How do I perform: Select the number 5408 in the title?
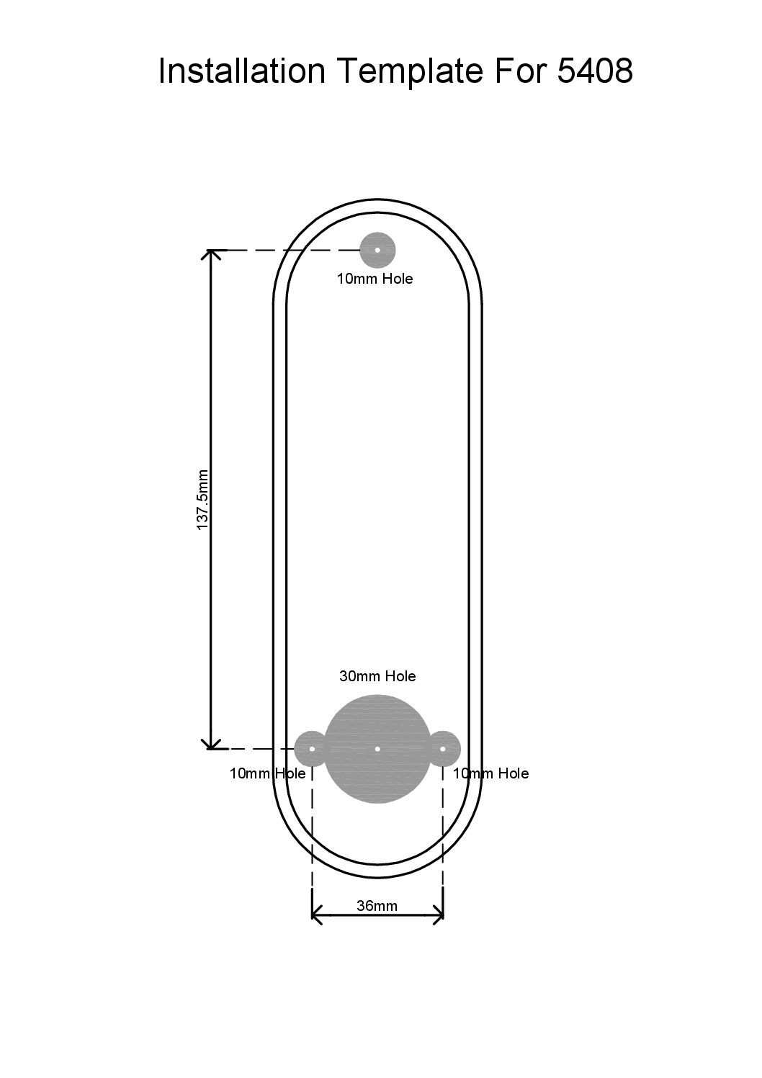594,72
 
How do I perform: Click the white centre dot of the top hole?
377,250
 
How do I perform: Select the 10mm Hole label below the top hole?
375,279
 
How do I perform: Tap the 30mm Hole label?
377,676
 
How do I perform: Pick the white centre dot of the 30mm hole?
378,749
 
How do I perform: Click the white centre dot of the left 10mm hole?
312,749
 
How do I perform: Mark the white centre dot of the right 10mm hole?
443,749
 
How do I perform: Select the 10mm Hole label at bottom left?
267,773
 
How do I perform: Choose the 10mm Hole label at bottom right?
490,773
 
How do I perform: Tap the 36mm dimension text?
377,906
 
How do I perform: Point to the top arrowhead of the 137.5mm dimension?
210,254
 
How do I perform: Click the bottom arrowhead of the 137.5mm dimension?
210,745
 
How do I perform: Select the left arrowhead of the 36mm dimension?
316,916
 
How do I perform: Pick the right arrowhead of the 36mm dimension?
439,916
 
